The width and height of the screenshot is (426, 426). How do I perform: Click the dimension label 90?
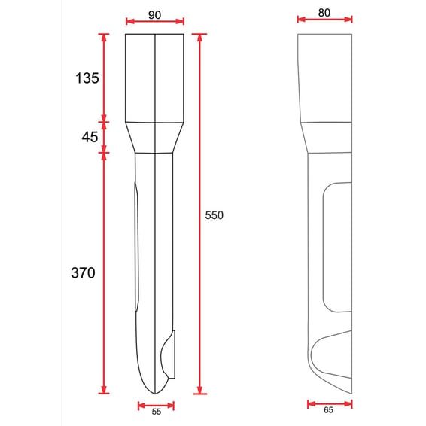point(154,15)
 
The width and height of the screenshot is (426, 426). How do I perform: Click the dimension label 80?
point(324,13)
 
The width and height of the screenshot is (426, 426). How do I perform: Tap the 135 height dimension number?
point(87,78)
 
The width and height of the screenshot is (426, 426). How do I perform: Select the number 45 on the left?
point(90,137)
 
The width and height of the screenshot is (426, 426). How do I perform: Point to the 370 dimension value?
point(83,272)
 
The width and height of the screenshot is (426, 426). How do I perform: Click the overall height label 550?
point(214,215)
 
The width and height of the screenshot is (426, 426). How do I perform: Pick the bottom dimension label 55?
point(157,412)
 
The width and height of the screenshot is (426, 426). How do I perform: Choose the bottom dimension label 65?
point(328,410)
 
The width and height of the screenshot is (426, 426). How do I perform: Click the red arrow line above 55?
point(156,406)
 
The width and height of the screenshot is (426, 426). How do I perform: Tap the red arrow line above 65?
point(330,404)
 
